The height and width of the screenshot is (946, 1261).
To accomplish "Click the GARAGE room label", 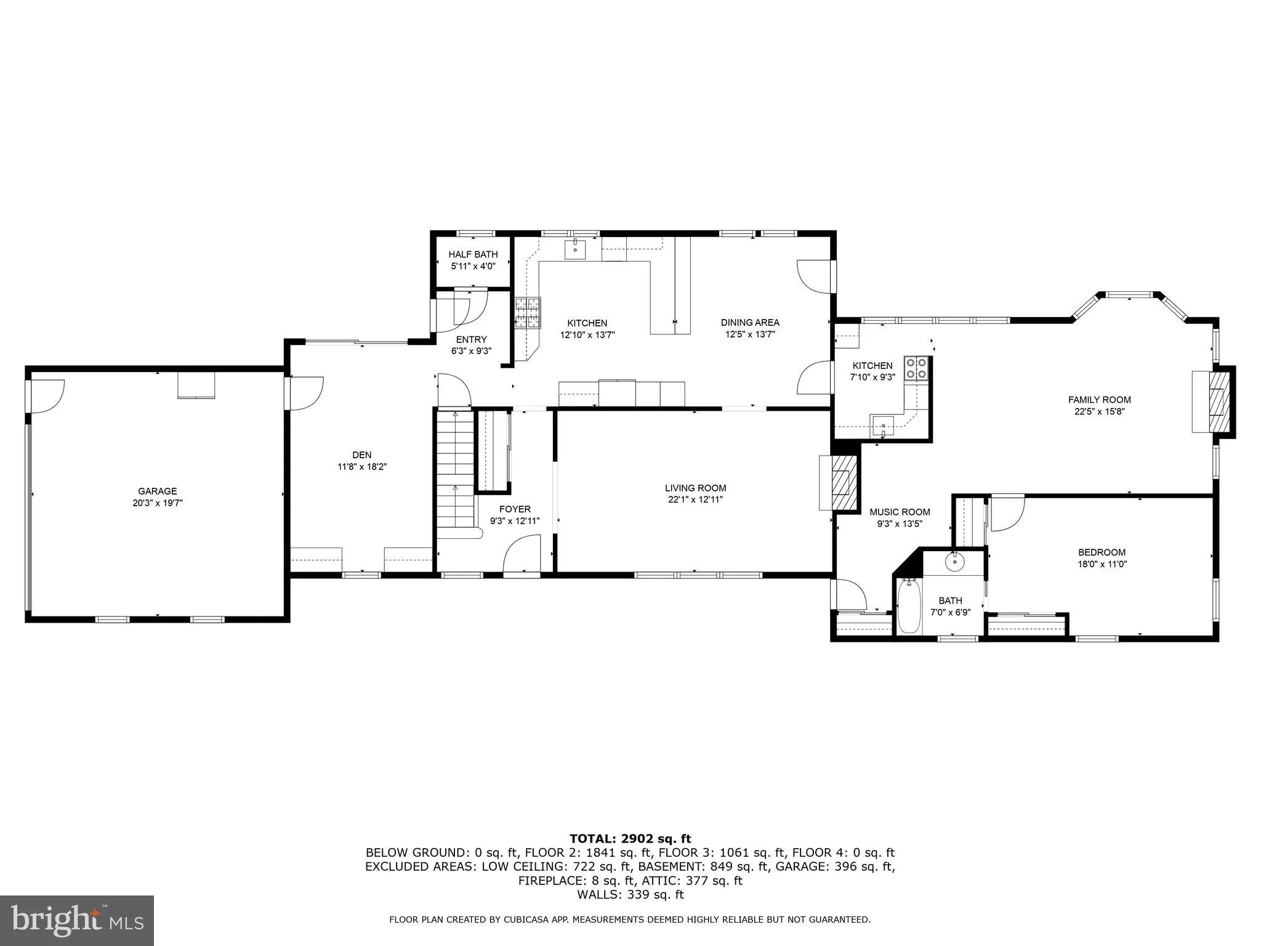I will tap(157, 491).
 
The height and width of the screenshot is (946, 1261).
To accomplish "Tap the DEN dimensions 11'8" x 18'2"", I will tap(362, 467).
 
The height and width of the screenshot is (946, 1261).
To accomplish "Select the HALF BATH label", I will tap(473, 254).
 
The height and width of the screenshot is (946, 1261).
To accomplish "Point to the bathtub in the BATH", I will tap(909, 606).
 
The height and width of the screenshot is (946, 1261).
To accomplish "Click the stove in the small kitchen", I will tap(916, 368).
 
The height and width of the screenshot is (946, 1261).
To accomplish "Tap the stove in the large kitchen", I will tap(528, 312).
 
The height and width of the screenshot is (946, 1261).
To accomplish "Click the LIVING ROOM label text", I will tap(695, 488).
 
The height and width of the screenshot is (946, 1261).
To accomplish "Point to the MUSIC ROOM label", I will tap(900, 512).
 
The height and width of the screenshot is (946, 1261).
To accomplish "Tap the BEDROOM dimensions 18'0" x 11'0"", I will tap(1102, 564).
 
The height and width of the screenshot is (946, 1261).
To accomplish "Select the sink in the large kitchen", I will tap(575, 249).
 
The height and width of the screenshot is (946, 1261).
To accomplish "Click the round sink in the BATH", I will tap(955, 561).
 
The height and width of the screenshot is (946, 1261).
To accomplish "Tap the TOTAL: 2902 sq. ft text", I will tap(630, 838).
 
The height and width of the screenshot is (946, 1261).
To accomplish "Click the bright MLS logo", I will tap(76, 920).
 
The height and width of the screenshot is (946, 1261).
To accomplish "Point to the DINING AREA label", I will tap(749, 322).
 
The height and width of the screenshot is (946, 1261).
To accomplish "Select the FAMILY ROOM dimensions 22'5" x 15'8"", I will tap(1099, 411).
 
